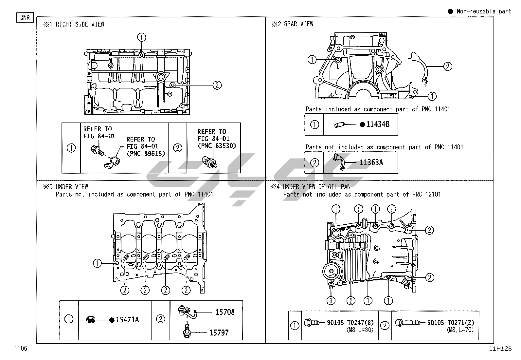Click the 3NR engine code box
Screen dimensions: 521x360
point(25,17)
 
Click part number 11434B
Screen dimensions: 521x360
point(378,124)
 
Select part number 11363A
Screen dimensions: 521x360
point(371,162)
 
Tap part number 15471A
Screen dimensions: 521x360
point(127,320)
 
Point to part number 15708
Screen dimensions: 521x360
point(225,312)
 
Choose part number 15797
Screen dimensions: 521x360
point(219,332)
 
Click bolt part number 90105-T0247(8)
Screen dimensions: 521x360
point(350,323)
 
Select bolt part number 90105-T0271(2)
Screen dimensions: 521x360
point(451,323)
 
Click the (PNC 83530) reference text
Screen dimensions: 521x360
point(217,146)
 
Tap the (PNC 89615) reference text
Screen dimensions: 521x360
point(146,153)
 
